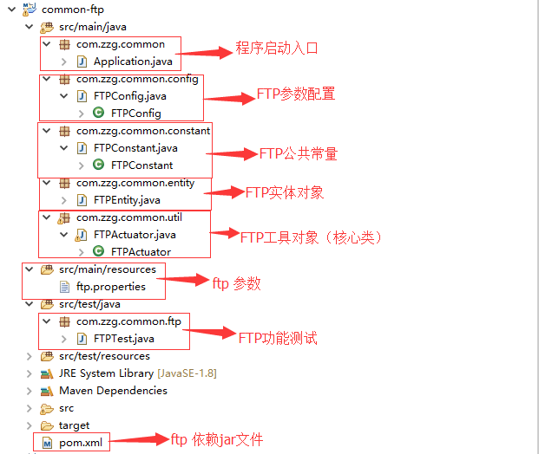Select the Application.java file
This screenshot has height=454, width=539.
coord(132,62)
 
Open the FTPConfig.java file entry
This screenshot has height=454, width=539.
coord(129,96)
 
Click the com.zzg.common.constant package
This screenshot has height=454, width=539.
coord(142,131)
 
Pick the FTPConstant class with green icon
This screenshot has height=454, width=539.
coord(141,165)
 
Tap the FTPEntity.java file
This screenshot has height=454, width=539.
coord(127,200)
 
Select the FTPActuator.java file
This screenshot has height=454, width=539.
coord(135,235)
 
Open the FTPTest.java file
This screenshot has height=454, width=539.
coord(123,339)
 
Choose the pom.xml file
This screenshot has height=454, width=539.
coord(80,443)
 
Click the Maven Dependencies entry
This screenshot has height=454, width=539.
coord(113,391)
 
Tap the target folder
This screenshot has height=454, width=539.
coord(74,425)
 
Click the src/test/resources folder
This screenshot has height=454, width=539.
coord(104,356)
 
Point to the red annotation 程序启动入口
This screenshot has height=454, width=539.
coord(277,48)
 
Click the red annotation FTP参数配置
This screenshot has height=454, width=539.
coord(295,94)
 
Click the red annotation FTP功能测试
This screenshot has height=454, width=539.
coord(278,337)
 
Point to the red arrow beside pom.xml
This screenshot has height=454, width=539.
coord(140,439)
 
